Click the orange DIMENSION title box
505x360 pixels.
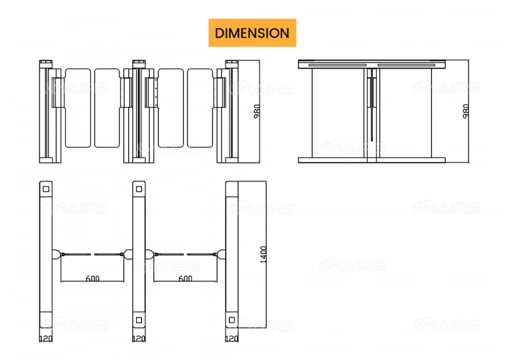tap(252, 33)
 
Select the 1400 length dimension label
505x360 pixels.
tap(263, 254)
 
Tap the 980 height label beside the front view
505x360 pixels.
tap(257, 111)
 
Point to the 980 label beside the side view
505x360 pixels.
tap(466, 111)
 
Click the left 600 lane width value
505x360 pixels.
tap(93, 279)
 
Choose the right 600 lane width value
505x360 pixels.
tap(185, 279)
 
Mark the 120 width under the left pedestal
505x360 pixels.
tap(45, 339)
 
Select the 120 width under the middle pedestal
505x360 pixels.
tap(139, 339)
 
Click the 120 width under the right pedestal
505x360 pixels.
tap(231, 339)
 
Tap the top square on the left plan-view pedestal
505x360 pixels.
tap(46, 189)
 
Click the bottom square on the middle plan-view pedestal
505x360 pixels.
tap(139, 320)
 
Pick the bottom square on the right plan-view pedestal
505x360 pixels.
tap(231, 320)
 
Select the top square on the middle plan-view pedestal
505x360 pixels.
tap(139, 189)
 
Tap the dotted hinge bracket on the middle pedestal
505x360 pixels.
tap(154, 92)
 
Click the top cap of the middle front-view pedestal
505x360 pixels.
tap(138, 63)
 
